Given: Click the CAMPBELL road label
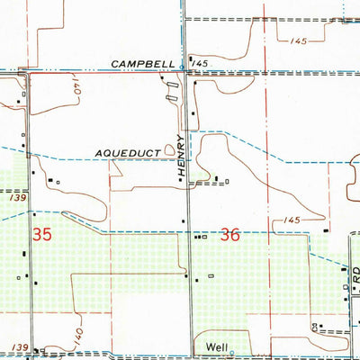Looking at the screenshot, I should coord(144,63).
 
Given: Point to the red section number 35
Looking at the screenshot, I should coord(41,235).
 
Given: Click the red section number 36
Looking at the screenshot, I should coord(229,234).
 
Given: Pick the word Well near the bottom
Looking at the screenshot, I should coord(214,346).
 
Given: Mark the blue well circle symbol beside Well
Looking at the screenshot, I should coord(231,352).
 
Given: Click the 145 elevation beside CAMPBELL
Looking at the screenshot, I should coord(200,63).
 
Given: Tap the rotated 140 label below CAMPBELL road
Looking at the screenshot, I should coord(76,90).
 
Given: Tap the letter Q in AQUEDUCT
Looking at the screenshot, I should coord(110,154).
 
